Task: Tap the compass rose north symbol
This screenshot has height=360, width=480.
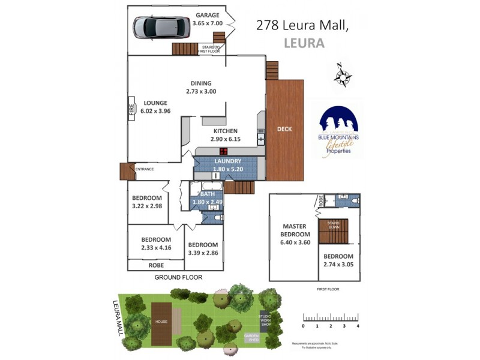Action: [343, 75]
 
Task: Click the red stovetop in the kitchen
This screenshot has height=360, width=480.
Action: [223, 151]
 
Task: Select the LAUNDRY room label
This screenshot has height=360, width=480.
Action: [227, 161]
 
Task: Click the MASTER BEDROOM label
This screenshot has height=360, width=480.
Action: [296, 230]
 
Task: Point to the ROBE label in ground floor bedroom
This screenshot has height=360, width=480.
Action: [155, 265]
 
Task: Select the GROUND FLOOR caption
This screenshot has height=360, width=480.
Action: [178, 278]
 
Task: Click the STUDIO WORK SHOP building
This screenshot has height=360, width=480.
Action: [265, 320]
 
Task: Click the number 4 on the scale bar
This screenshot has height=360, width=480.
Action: [358, 326]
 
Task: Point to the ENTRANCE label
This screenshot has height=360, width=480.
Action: [144, 169]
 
